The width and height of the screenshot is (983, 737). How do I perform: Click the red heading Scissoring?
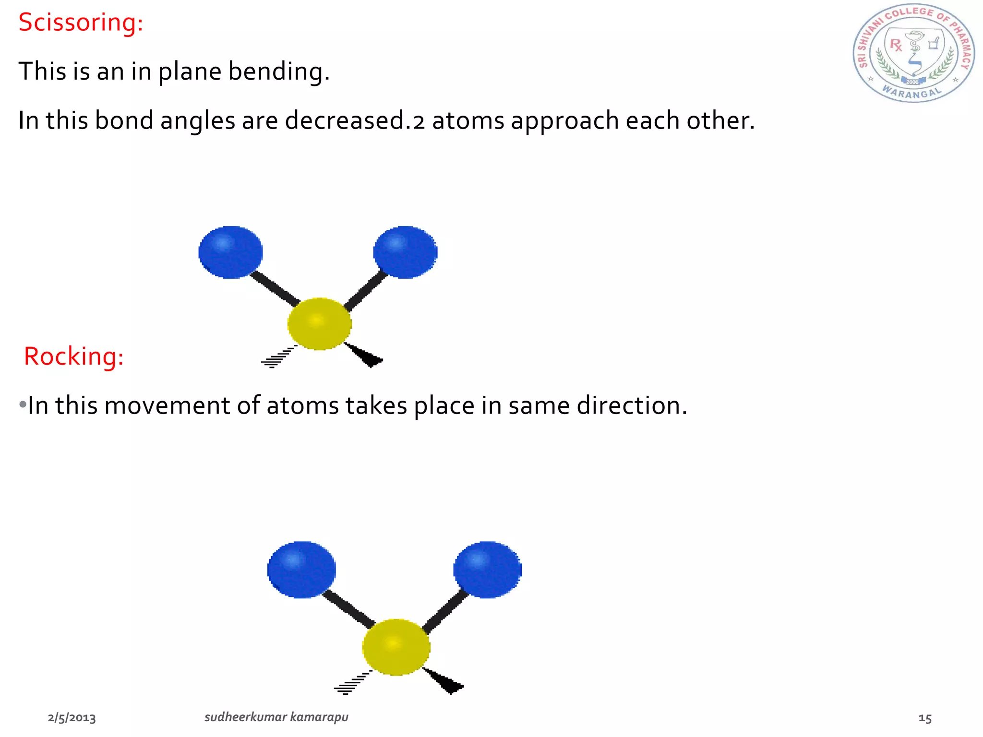81,23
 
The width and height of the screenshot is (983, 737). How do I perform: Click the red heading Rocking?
74,357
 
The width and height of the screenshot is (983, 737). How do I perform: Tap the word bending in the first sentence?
278,72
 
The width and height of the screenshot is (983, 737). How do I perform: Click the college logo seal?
913,53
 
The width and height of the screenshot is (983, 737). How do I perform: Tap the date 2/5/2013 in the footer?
72,718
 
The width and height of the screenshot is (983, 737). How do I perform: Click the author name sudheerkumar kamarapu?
276,717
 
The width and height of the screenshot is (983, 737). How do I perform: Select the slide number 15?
925,718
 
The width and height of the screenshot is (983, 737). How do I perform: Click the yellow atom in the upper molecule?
319,324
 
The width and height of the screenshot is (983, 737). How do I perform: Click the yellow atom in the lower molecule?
396,647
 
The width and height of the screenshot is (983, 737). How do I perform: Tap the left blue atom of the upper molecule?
230,252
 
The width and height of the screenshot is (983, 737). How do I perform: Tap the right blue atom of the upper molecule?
405,252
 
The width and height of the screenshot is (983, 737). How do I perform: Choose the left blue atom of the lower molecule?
301,570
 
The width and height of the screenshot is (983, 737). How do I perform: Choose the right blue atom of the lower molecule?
487,570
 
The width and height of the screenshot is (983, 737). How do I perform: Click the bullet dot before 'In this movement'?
23,405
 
